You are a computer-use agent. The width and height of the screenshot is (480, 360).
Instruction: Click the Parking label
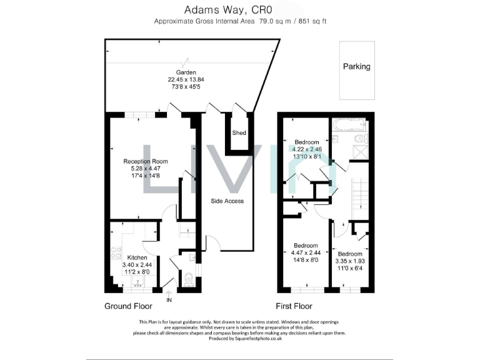tap(356, 66)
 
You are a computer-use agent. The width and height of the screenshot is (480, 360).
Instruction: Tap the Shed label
tap(239, 133)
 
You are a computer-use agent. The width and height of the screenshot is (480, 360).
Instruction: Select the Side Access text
tap(227, 201)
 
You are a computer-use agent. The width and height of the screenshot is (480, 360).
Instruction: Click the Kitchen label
tap(137, 257)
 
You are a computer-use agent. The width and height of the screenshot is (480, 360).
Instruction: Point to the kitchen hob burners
tap(116, 253)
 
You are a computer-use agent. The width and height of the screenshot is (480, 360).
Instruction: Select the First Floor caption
tap(294, 306)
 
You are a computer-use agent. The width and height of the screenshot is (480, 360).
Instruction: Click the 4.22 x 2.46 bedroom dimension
tap(307, 149)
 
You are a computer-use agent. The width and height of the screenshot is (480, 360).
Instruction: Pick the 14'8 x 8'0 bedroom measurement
tap(306, 260)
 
